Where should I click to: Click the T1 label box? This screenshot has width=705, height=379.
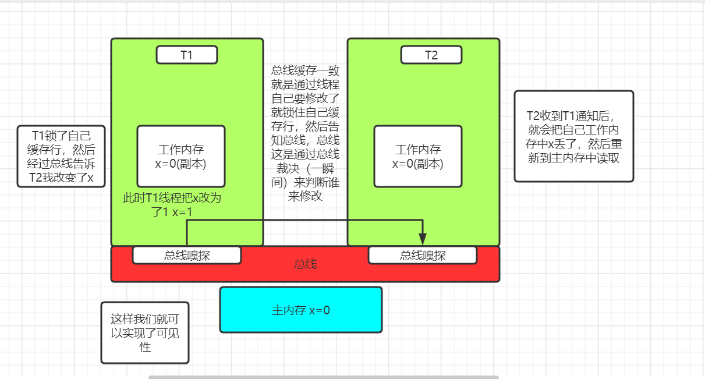pos(186,55)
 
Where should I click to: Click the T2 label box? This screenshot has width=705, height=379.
pos(431,55)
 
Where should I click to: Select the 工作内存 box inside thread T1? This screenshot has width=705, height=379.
pos(180,156)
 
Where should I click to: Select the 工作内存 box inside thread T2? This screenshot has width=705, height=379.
pos(417,156)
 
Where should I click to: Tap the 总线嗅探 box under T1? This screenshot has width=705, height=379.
pos(186,255)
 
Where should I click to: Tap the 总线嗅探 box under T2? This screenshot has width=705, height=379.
pos(422,255)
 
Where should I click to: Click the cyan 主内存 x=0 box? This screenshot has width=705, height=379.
pos(300,310)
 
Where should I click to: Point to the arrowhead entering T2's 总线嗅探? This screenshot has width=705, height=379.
pos(423,239)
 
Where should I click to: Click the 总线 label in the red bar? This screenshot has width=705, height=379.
pos(305,264)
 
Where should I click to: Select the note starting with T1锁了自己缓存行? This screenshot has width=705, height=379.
pos(61,156)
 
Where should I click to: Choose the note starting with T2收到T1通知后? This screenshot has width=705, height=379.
pos(573,136)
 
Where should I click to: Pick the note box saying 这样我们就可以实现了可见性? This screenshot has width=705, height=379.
pos(144,332)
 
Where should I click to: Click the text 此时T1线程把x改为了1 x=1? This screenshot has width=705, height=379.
pos(172,205)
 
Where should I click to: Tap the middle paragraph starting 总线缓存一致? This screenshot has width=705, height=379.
pos(305,133)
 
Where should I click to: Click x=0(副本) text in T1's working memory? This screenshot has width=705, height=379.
pos(180,164)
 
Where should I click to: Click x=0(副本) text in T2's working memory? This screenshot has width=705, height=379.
pos(417,164)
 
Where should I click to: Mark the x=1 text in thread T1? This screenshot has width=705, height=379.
pos(180,212)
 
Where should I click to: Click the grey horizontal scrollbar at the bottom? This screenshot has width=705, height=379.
pos(323,377)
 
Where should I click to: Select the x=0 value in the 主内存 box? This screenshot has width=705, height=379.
pos(319,310)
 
